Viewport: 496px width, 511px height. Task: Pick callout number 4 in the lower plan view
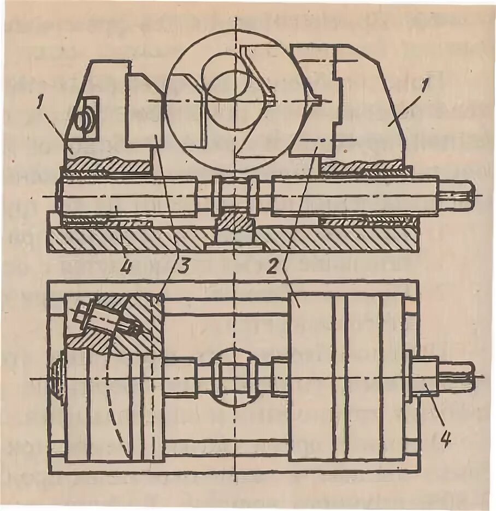447,439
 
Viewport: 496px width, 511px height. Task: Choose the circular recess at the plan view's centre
234,377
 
